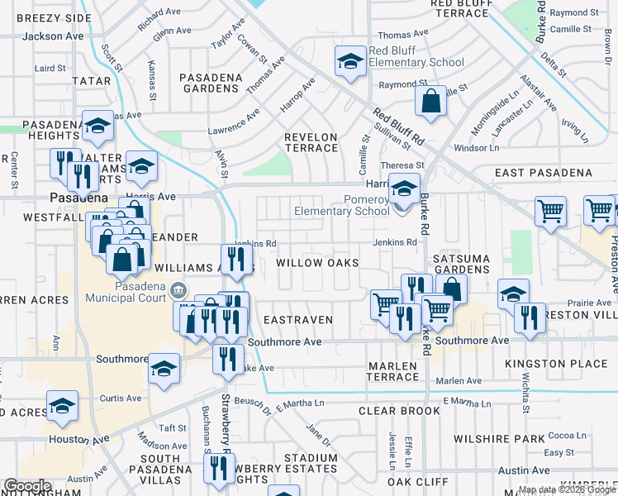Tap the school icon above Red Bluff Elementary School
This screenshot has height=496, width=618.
[x=350, y=61]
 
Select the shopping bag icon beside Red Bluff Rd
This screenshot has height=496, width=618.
[x=431, y=103]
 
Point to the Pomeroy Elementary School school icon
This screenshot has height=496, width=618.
[x=405, y=189]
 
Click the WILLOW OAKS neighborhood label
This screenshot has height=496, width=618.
[x=317, y=263]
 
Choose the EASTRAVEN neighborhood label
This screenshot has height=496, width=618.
[x=297, y=319]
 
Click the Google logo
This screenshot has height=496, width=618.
[x=27, y=486]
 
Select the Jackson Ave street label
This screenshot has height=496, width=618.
[x=53, y=36]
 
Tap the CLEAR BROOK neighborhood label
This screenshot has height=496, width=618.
[x=399, y=411]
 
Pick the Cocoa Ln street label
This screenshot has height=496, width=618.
[x=566, y=436]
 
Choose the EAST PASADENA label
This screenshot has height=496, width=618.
[x=544, y=173]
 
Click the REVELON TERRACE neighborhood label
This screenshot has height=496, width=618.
[x=311, y=142]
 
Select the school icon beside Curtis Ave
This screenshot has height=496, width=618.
[x=62, y=407]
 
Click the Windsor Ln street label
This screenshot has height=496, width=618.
[x=477, y=148]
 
